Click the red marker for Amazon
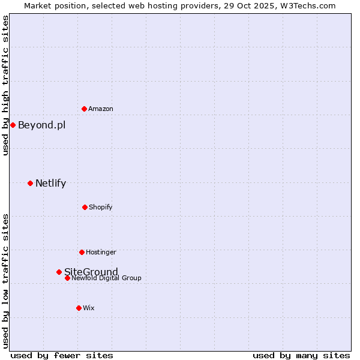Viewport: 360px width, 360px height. click(x=84, y=109)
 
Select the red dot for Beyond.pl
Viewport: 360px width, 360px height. click(x=13, y=125)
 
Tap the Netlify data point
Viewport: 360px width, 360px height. click(x=30, y=183)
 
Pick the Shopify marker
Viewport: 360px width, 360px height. click(x=85, y=207)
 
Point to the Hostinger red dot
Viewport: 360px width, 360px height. click(x=82, y=252)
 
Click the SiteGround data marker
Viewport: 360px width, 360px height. click(x=59, y=272)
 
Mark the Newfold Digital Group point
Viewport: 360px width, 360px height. click(x=67, y=278)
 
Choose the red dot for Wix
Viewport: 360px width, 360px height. click(x=79, y=308)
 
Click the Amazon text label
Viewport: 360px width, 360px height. click(x=101, y=109)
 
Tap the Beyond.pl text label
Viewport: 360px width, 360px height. click(x=41, y=125)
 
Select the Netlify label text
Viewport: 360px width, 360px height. click(x=50, y=183)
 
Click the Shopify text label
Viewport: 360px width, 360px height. click(x=100, y=207)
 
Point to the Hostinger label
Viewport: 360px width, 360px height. click(x=101, y=252)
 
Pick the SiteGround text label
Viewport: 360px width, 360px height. click(x=91, y=272)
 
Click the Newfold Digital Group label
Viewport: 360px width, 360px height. click(x=106, y=278)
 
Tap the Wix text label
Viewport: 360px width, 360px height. click(x=89, y=308)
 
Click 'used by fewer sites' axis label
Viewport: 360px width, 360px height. click(x=62, y=355)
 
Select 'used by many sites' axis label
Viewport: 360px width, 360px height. click(x=301, y=355)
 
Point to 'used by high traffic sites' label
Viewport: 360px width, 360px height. click(x=5, y=85)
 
